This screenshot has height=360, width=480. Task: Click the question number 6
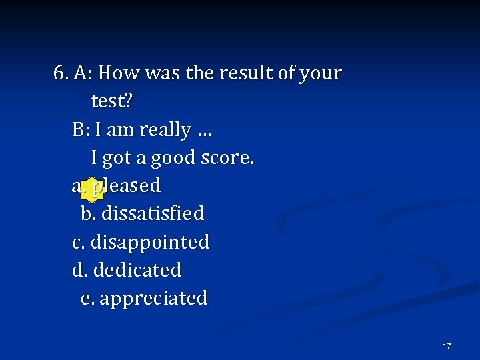click(x=60, y=73)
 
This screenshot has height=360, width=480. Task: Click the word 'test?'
click(x=112, y=101)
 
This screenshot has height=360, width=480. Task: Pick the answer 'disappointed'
click(x=150, y=242)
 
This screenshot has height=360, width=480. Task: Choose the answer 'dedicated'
click(x=137, y=270)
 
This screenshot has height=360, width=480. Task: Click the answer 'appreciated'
click(x=153, y=298)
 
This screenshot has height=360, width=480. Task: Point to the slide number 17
click(x=447, y=345)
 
